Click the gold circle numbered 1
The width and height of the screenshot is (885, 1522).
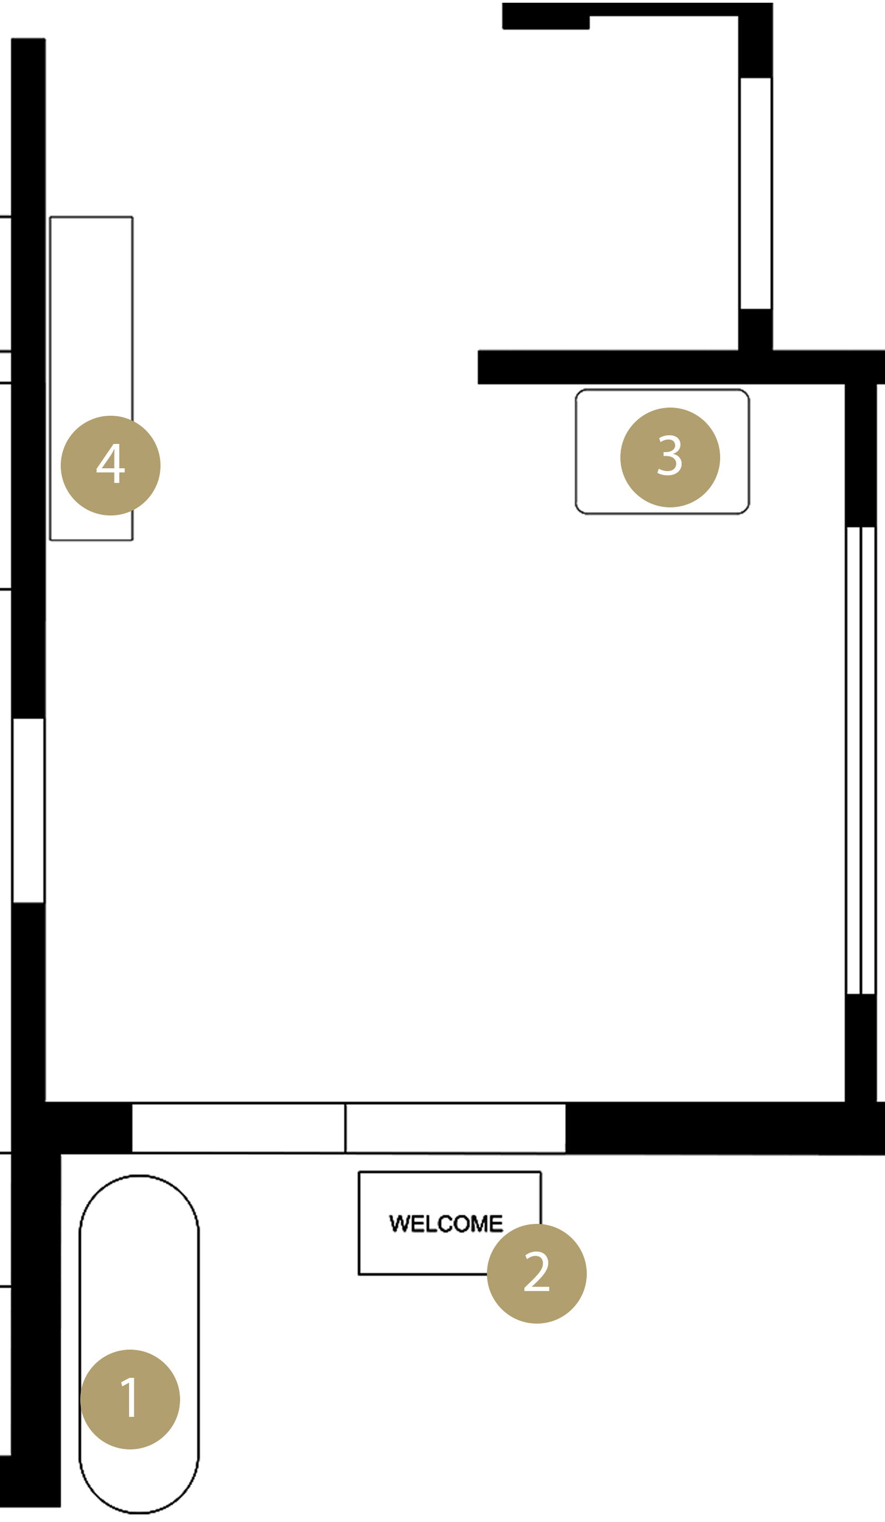(x=130, y=1399)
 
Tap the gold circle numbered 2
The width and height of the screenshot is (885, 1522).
(x=537, y=1274)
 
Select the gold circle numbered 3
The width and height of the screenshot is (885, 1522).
(x=670, y=457)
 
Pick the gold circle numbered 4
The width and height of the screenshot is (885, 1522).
(x=111, y=465)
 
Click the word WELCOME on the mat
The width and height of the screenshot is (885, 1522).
(x=446, y=1223)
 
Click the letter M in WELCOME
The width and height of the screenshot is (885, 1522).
(x=480, y=1223)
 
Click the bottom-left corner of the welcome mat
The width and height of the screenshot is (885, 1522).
(x=360, y=1274)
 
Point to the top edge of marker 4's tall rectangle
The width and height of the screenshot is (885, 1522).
(x=91, y=217)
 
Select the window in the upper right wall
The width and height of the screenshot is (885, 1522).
(x=756, y=193)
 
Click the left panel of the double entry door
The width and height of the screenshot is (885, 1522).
(x=238, y=1128)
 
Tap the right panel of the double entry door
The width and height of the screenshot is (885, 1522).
(x=455, y=1128)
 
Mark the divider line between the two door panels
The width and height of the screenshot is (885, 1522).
(x=346, y=1128)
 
